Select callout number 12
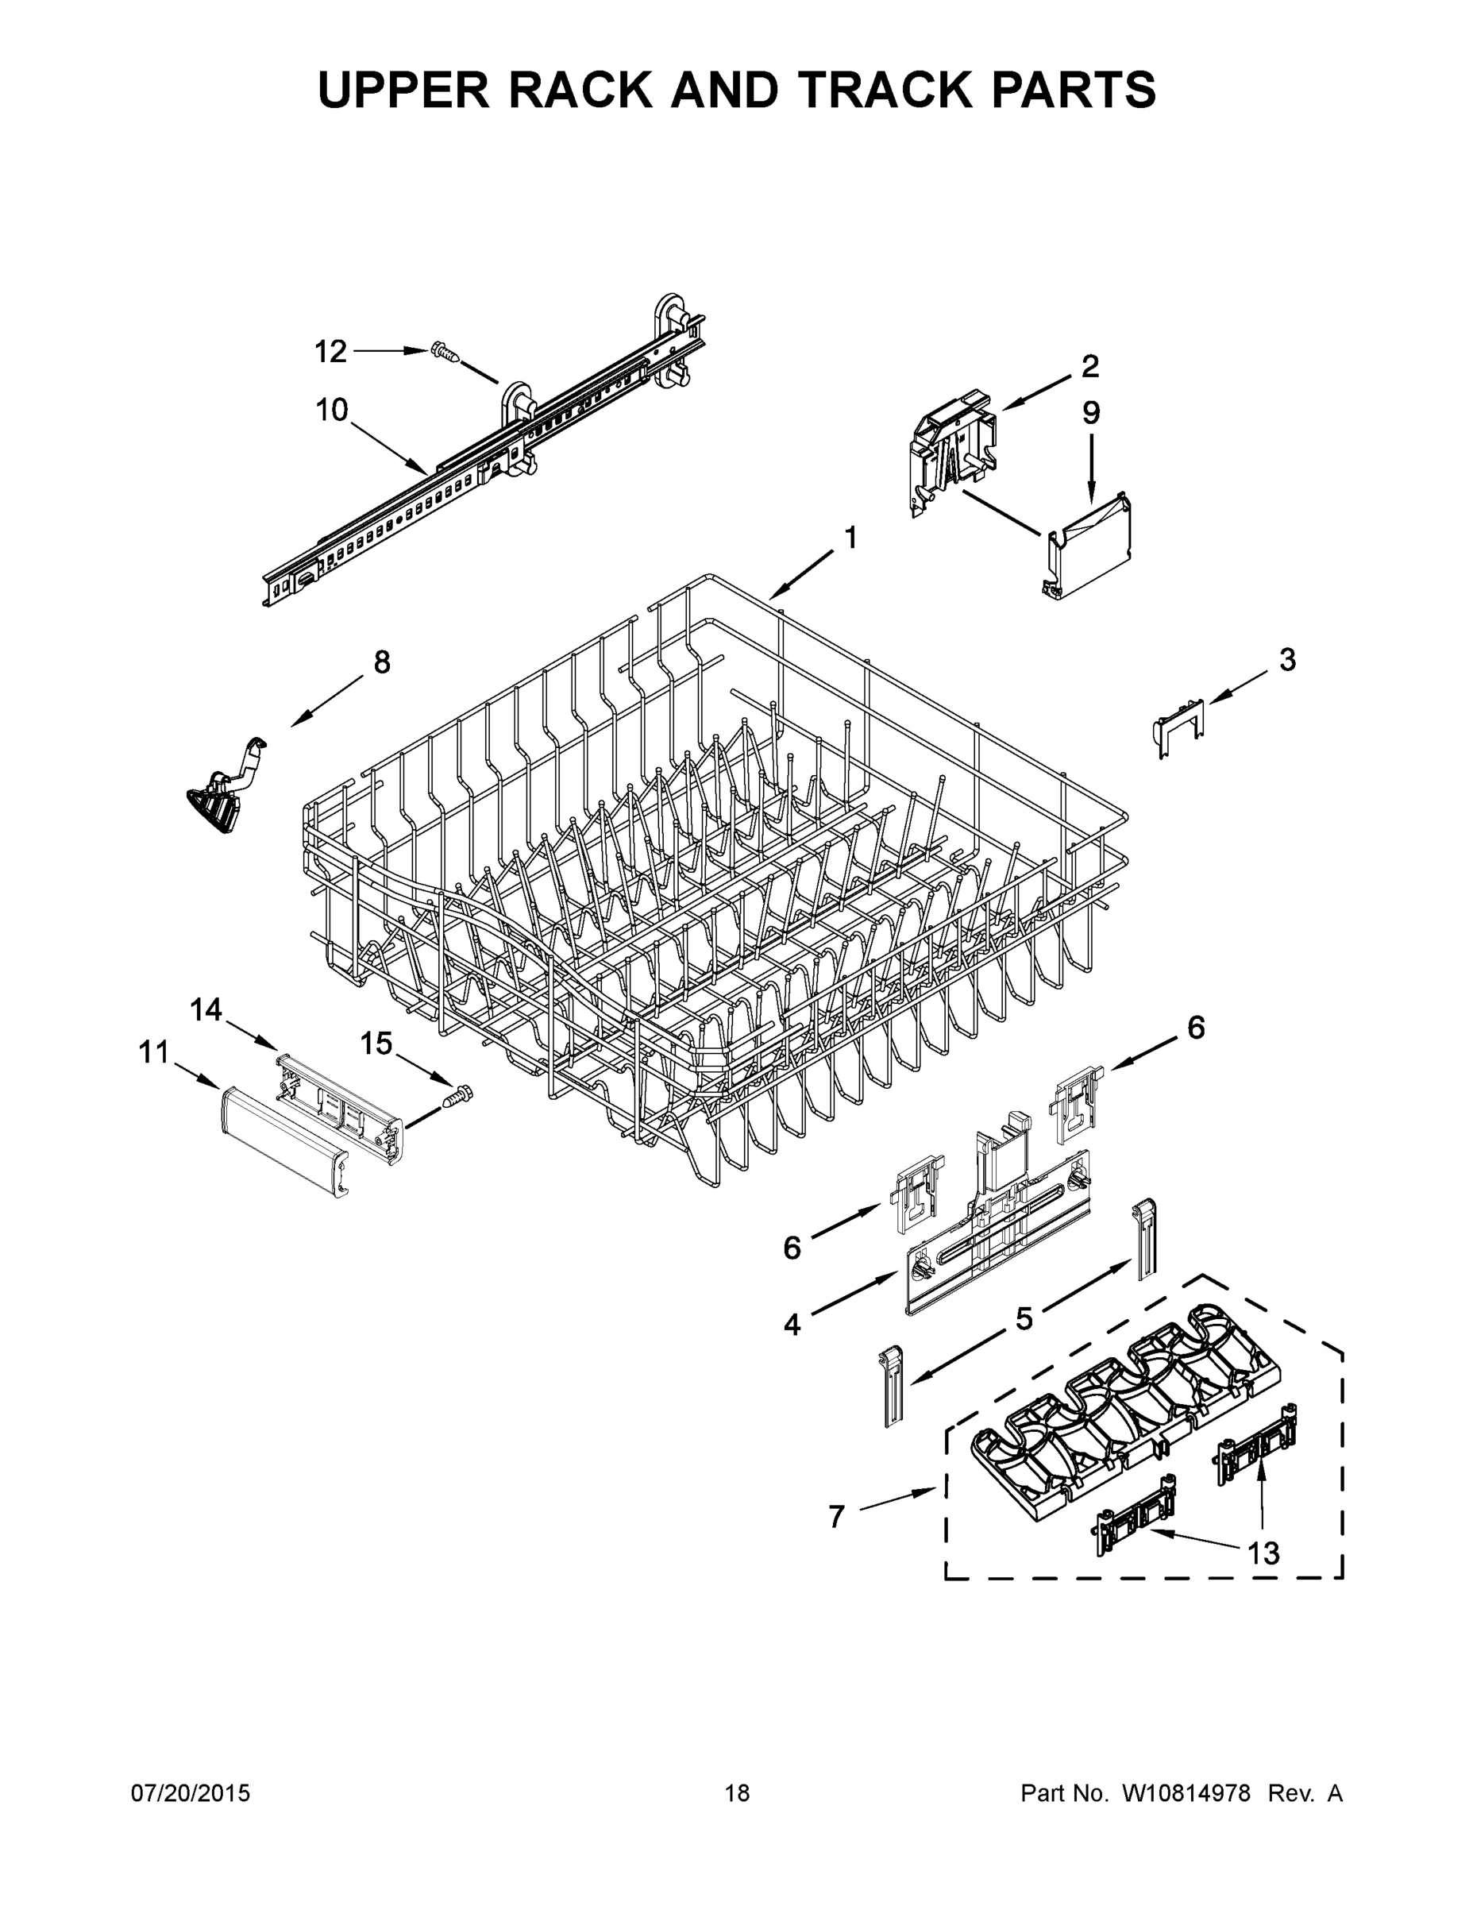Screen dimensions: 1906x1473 pos(330,352)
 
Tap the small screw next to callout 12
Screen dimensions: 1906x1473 pos(445,353)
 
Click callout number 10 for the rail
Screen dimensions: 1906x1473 pos(333,409)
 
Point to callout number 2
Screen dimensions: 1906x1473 pos(1090,367)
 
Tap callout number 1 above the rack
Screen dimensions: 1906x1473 pos(850,538)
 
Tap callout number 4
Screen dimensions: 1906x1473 pos(792,1325)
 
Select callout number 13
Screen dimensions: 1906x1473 pos(1263,1553)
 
